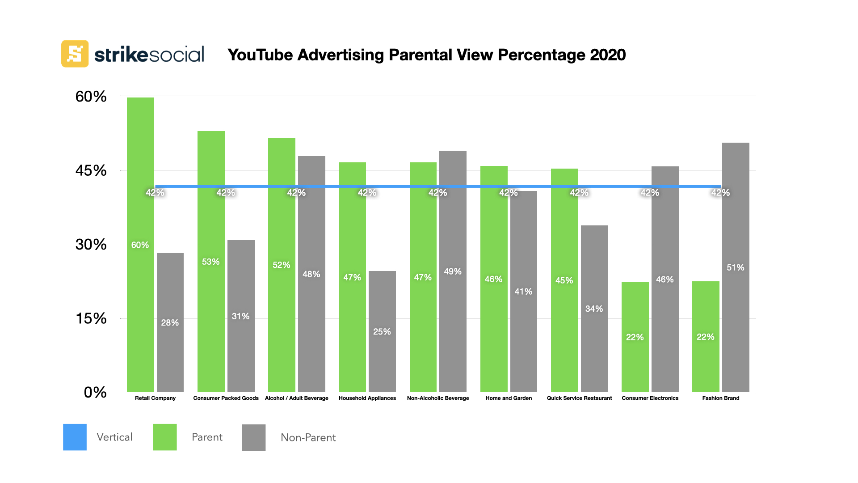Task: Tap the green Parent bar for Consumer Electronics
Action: pos(635,358)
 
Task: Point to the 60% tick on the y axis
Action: pos(91,97)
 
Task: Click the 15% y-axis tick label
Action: pos(91,318)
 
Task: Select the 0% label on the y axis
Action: pos(95,392)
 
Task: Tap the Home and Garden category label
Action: pos(509,398)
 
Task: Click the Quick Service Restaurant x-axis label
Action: pos(579,398)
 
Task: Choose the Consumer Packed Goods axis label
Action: pos(226,398)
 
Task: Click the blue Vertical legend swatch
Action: pos(75,437)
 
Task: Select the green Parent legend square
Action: pos(165,437)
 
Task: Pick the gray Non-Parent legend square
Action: pos(254,437)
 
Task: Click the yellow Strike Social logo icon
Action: pos(75,54)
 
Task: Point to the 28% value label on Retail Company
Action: pos(170,322)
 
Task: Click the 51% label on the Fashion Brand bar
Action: pos(736,267)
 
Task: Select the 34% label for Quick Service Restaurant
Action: pos(594,309)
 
